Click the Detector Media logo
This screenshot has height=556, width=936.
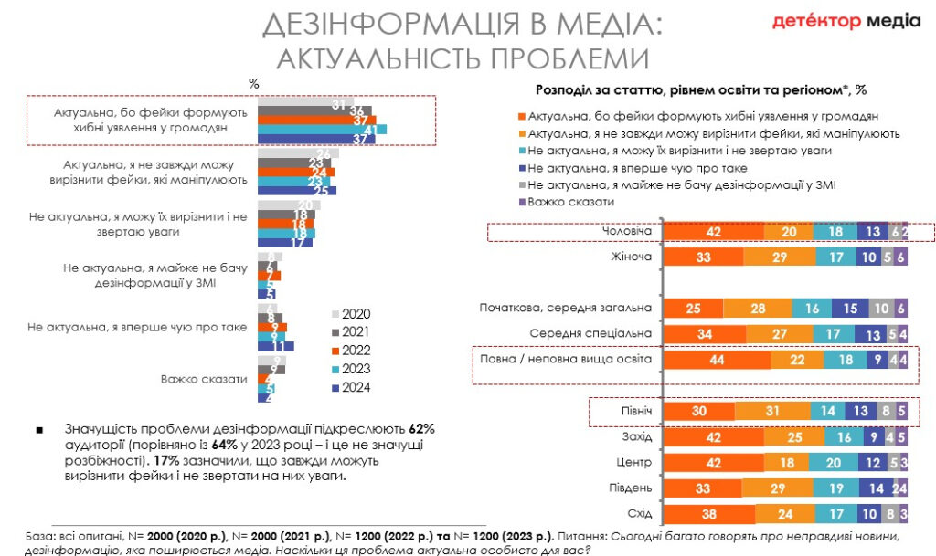tap(846, 21)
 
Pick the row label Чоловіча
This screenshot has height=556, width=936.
tap(630, 231)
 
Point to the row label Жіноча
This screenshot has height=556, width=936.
tap(631, 257)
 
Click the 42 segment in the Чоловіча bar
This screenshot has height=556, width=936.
tap(713, 232)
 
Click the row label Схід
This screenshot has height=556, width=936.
tap(636, 513)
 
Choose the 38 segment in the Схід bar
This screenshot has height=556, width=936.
tap(707, 514)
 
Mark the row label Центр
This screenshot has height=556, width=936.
tap(633, 463)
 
